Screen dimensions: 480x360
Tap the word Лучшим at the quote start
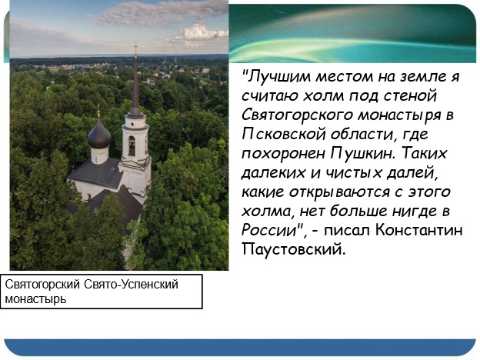click(x=279, y=76)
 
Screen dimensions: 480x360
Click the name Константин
click(x=418, y=230)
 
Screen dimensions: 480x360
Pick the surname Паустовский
click(x=293, y=249)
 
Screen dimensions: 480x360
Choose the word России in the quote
click(x=268, y=230)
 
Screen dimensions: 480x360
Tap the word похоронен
click(x=283, y=154)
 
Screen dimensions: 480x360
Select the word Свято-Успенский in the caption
click(x=131, y=285)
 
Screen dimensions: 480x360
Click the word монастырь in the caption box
click(x=35, y=298)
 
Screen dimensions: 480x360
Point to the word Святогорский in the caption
click(x=42, y=285)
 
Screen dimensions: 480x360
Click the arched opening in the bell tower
click(x=132, y=146)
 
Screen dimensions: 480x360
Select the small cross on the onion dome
click(x=98, y=110)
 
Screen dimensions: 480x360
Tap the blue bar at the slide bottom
click(x=240, y=347)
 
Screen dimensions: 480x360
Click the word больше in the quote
click(x=359, y=212)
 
